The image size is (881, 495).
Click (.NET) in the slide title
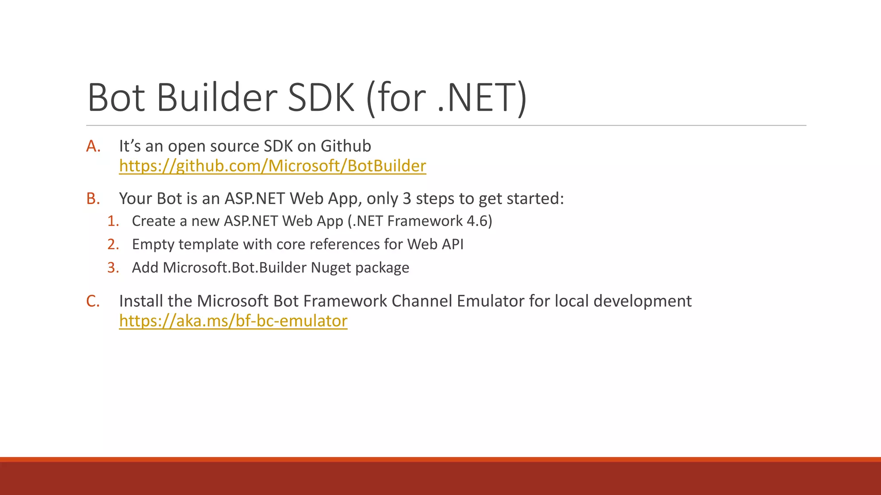tap(482, 98)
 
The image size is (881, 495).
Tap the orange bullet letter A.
tap(93, 147)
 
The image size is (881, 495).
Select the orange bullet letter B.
tap(93, 199)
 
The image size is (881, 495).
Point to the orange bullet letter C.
tap(93, 301)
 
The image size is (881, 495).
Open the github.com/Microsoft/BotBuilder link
tap(272, 166)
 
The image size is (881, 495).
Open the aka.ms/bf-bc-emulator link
tap(233, 321)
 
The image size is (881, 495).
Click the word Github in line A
tap(345, 147)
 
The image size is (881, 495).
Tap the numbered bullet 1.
tap(113, 221)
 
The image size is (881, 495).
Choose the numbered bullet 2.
tap(113, 244)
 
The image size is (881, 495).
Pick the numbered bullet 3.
tap(113, 268)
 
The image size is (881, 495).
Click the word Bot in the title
tap(116, 98)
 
